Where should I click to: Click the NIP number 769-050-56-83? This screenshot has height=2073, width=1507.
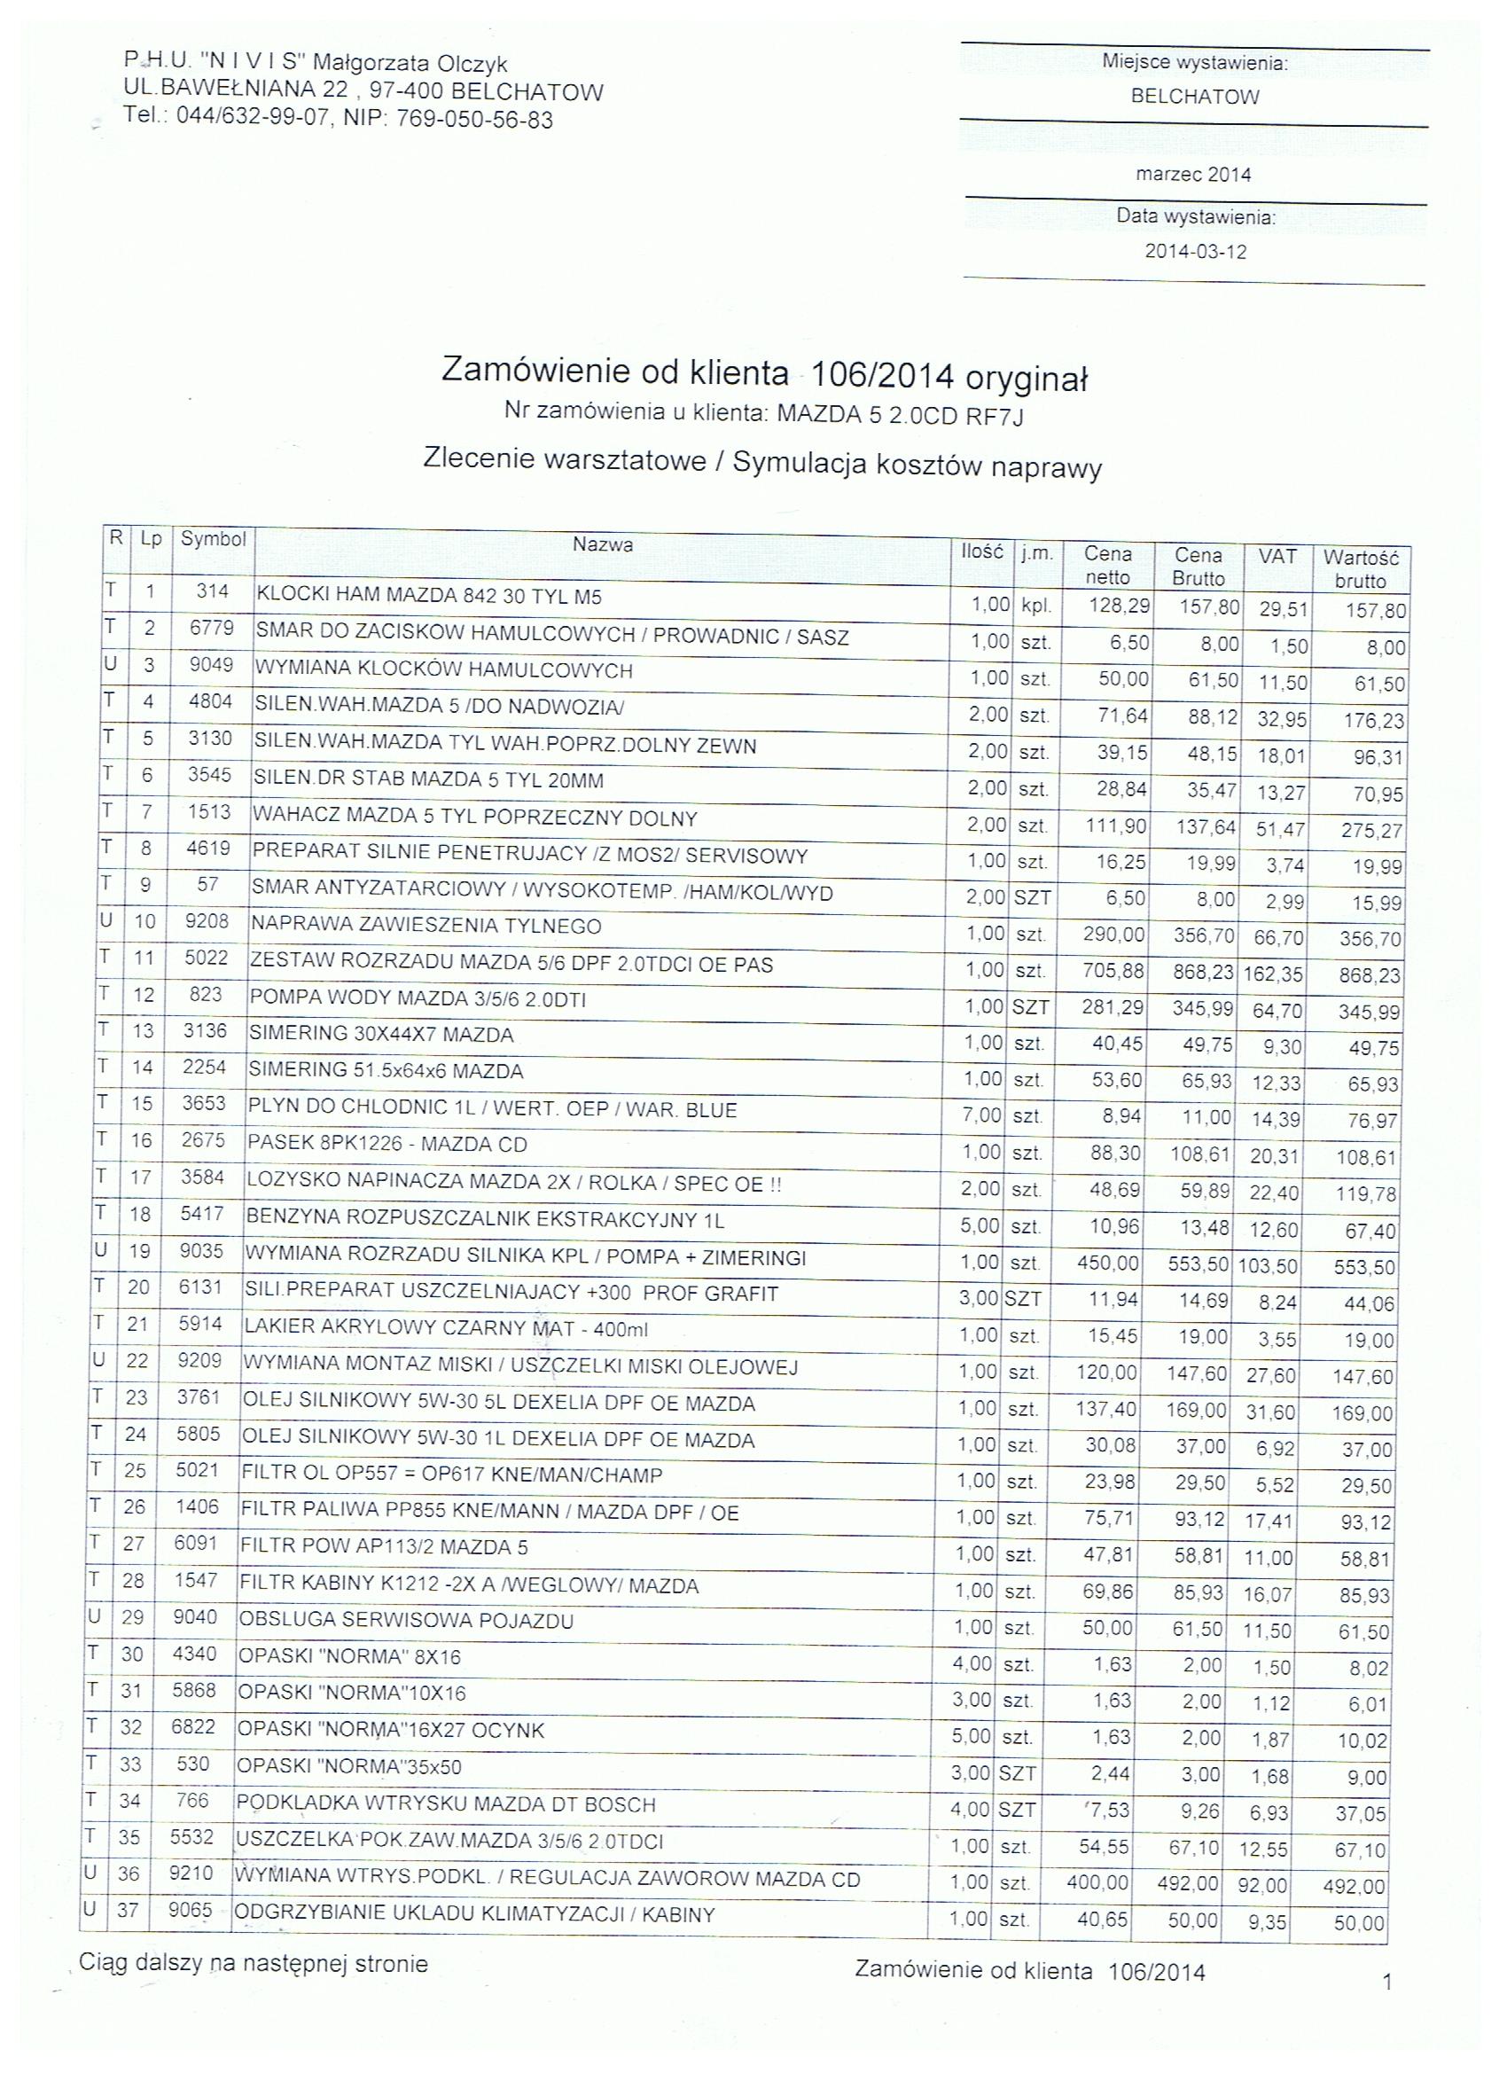pyautogui.click(x=474, y=120)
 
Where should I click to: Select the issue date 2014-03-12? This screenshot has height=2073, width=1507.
pyautogui.click(x=1195, y=251)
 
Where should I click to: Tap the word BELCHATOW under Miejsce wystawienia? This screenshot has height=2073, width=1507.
pyautogui.click(x=1195, y=97)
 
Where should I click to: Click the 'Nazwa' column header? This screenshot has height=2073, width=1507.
pyautogui.click(x=602, y=544)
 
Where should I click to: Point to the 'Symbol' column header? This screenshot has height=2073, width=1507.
pyautogui.click(x=213, y=539)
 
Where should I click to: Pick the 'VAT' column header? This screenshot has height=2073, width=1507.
pyautogui.click(x=1277, y=556)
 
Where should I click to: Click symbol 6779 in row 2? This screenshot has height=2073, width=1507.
pyautogui.click(x=212, y=628)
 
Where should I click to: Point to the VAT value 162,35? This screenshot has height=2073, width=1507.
pyautogui.click(x=1272, y=974)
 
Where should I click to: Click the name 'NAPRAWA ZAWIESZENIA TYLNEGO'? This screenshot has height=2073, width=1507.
pyautogui.click(x=426, y=926)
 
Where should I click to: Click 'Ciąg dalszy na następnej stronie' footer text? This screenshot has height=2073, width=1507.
pyautogui.click(x=254, y=1962)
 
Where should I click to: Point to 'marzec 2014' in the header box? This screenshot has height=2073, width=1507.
pyautogui.click(x=1192, y=175)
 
